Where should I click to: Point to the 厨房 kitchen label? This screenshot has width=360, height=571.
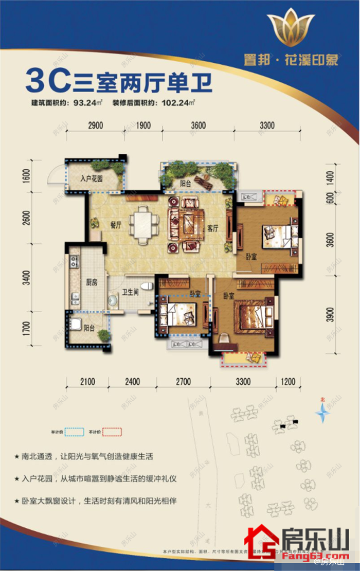coord(92,282)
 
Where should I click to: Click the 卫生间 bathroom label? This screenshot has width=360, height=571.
coord(130,292)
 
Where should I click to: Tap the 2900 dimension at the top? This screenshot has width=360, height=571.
coord(95,126)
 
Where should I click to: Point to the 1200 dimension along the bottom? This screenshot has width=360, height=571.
coord(289,382)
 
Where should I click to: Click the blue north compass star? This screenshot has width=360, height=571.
coord(322,413)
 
